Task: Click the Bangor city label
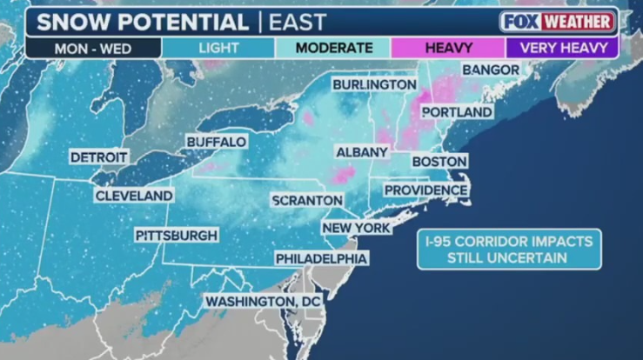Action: click(491, 69)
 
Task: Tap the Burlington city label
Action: click(374, 84)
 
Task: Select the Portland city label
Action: click(457, 111)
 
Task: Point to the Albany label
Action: click(362, 152)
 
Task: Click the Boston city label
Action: click(439, 161)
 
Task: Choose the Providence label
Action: click(425, 190)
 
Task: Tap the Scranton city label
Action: click(307, 200)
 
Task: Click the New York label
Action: click(356, 228)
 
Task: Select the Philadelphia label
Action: click(321, 258)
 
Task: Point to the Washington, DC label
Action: click(263, 301)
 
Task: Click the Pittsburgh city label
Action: click(177, 235)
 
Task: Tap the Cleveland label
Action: click(134, 196)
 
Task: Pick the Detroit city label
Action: click(99, 157)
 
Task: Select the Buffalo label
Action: click(217, 141)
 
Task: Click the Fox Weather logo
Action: click(558, 22)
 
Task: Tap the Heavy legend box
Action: click(448, 48)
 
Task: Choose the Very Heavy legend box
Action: click(562, 48)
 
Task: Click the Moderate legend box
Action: click(333, 48)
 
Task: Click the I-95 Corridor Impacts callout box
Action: click(508, 250)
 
